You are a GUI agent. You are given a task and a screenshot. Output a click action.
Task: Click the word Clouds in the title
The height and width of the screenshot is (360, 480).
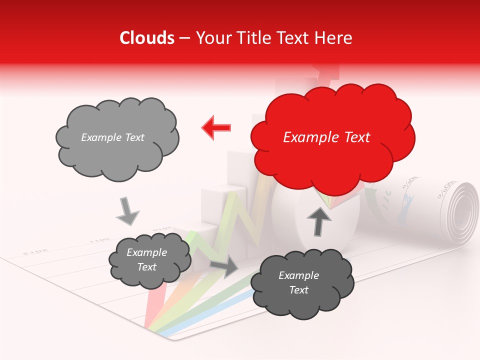(147, 38)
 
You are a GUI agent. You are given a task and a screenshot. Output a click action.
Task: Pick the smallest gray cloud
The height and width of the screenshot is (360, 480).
(149, 260)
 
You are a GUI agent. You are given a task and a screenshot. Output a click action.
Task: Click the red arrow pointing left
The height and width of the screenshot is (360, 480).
(216, 128)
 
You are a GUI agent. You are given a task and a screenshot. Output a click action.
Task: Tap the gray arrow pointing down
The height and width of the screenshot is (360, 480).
(127, 210)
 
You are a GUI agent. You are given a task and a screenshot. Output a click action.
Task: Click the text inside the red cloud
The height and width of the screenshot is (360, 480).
(326, 137)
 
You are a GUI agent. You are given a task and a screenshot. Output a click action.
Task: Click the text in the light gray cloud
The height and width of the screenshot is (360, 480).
(112, 137)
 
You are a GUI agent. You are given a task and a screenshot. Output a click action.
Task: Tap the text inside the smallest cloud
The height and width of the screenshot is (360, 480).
(146, 260)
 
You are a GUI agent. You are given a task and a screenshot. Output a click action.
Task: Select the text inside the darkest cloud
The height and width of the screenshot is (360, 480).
(298, 282)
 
